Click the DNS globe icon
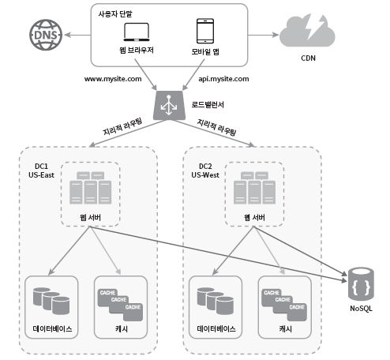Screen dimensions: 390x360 click(x=46, y=35)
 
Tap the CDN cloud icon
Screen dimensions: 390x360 click(x=307, y=31)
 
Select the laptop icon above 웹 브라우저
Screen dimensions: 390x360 click(x=137, y=32)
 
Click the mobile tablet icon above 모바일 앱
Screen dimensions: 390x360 click(x=205, y=31)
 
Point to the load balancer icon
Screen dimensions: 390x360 click(x=169, y=106)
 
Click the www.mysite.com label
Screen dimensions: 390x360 click(x=113, y=79)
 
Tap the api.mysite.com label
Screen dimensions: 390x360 click(x=223, y=79)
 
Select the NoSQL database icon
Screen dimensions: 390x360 click(x=361, y=284)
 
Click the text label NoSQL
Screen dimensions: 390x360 click(x=361, y=309)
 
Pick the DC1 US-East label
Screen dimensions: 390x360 click(x=41, y=171)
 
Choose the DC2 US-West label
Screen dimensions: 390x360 click(x=205, y=171)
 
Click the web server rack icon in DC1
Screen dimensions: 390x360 click(x=90, y=188)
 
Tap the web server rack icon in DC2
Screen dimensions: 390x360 click(x=254, y=188)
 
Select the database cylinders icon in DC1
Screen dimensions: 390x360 click(x=51, y=301)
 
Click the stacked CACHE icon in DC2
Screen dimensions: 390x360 click(x=284, y=305)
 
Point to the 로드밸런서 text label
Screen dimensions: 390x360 click(x=208, y=104)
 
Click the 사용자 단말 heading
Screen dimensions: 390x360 click(x=115, y=13)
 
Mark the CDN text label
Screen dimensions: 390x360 click(x=308, y=58)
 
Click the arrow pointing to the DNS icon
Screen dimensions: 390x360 click(x=77, y=35)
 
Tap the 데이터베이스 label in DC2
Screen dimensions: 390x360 click(x=216, y=328)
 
